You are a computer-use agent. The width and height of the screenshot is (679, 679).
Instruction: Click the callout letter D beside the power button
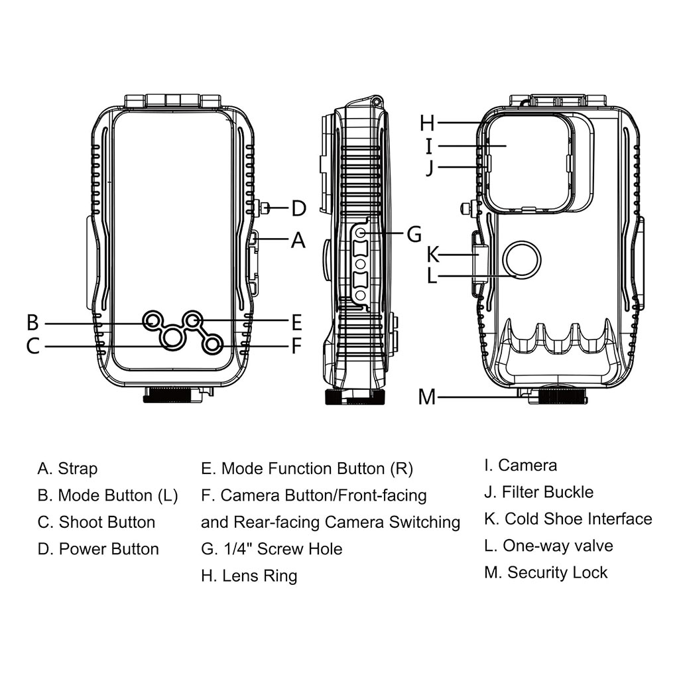(298, 209)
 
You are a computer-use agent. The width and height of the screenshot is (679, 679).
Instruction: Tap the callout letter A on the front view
(298, 239)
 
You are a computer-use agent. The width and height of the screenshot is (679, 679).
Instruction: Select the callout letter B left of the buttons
(32, 323)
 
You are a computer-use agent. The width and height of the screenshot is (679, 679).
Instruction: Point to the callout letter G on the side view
(414, 233)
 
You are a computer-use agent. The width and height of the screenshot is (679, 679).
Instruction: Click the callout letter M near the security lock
(427, 397)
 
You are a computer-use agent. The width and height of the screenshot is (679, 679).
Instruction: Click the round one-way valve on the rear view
(521, 259)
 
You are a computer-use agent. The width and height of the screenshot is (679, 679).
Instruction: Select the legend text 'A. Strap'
(68, 469)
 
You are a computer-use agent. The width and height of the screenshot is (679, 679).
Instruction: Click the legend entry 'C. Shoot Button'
(97, 523)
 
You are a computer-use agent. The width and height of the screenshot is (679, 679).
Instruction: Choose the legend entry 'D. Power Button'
(99, 549)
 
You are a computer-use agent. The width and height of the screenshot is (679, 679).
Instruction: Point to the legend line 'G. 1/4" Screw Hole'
(272, 549)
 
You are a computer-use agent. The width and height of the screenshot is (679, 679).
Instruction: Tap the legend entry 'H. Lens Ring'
(249, 576)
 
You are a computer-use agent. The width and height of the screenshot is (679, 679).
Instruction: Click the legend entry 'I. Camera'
(521, 465)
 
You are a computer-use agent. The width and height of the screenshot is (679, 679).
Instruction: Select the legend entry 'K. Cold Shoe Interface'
(568, 519)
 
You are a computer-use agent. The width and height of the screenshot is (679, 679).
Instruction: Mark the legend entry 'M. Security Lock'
(546, 572)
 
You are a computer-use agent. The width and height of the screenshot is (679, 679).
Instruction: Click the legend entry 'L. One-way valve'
(548, 546)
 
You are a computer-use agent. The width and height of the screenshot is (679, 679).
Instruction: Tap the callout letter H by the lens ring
(428, 123)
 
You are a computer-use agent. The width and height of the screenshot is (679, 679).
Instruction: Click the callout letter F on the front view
(296, 345)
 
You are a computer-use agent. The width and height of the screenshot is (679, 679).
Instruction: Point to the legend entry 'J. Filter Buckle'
(538, 492)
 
